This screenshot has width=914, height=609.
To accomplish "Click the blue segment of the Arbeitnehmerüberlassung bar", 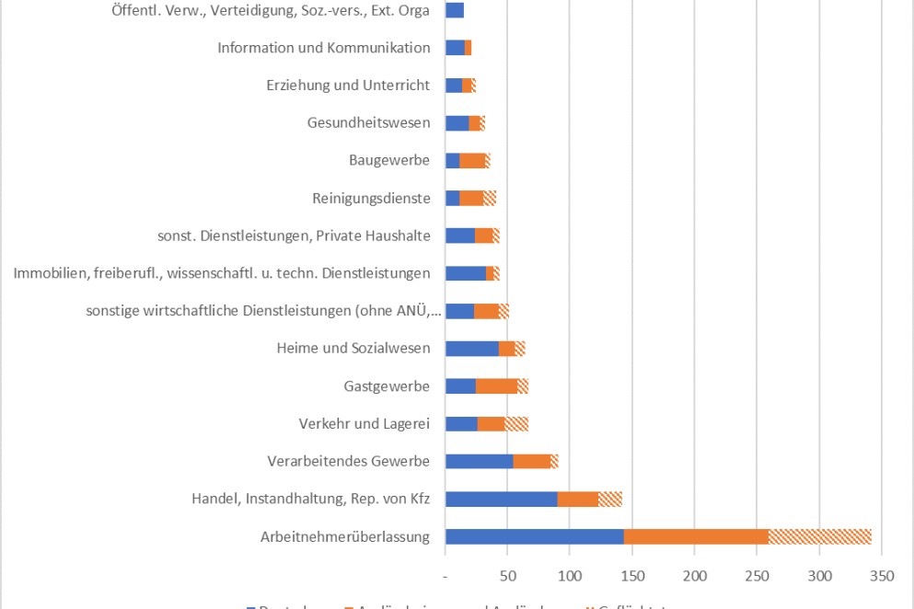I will [534, 537].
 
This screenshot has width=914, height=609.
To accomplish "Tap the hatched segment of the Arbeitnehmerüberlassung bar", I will [819, 537].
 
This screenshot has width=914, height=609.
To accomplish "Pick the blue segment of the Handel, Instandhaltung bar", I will [501, 500].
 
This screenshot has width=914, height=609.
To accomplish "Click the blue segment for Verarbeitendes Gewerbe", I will [479, 462].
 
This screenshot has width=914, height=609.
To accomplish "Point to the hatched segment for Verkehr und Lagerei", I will [516, 424].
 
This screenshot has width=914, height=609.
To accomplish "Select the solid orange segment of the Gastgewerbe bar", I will [496, 386].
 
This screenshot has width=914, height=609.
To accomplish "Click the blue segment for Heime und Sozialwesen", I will [471, 349].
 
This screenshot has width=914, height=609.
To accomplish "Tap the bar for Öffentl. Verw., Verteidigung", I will [455, 10].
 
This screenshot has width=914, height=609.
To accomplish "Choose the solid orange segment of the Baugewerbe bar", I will [472, 161].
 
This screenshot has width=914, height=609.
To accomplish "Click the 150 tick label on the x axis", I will [632, 576].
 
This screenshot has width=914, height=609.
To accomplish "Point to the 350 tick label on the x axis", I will [882, 576].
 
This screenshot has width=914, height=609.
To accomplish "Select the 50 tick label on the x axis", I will [508, 576].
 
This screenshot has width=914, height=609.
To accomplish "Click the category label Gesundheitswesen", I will [368, 123].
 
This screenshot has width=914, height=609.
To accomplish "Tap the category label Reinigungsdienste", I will [371, 198].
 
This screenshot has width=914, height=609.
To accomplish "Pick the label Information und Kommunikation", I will [324, 48].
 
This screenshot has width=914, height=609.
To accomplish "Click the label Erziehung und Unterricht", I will [348, 86].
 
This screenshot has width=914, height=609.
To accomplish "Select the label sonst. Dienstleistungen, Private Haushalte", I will [294, 236].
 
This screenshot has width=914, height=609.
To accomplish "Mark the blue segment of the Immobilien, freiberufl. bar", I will [465, 273].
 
